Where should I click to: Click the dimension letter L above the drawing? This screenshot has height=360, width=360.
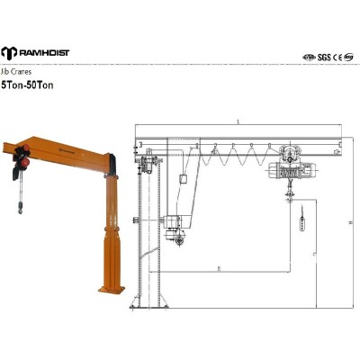point(237,121)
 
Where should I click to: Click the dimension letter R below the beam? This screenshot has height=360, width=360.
point(220,267)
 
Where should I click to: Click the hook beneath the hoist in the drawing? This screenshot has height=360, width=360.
point(292,194)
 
